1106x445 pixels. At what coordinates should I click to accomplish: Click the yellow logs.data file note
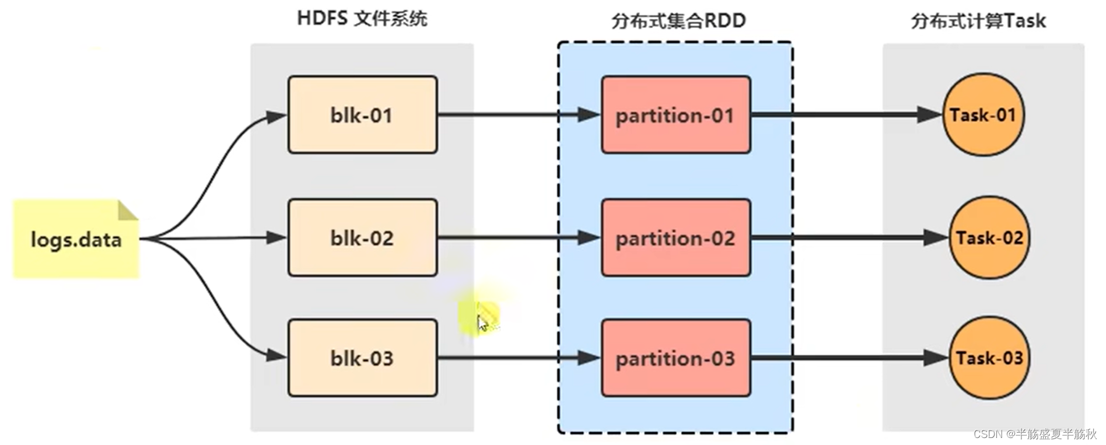(76, 239)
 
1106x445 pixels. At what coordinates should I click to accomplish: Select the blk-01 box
(362, 115)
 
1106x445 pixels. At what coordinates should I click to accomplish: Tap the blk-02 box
(362, 238)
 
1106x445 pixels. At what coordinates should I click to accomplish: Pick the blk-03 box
(362, 358)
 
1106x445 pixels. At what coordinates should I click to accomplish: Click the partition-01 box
(675, 115)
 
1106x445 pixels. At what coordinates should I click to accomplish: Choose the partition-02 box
(675, 238)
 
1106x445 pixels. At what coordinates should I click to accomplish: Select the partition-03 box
(675, 358)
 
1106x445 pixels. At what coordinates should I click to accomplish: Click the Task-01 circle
(983, 114)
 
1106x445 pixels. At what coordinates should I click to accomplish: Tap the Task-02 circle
(989, 237)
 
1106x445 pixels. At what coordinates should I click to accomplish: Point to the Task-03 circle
(989, 358)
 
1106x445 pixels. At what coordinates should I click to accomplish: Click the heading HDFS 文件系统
(362, 19)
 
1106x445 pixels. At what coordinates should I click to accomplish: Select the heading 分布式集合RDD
(678, 21)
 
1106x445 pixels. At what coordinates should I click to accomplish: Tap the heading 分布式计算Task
(978, 21)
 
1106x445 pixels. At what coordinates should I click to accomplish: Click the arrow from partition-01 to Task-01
(846, 114)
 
